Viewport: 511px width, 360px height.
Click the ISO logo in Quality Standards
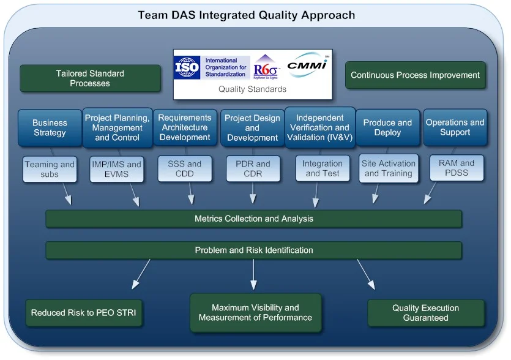tap(187, 67)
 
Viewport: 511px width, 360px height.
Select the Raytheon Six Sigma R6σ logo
tap(266, 67)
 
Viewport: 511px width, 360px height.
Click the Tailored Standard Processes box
tap(89, 78)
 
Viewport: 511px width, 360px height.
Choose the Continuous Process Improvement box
tap(416, 75)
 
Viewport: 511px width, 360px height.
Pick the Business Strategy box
tap(50, 128)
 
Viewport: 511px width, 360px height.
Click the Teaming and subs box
tap(50, 169)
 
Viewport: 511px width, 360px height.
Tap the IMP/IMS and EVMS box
tap(116, 169)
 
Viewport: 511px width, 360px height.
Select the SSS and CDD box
tap(185, 169)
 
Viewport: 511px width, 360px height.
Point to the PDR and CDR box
tap(253, 169)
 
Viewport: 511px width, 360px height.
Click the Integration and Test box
tap(323, 169)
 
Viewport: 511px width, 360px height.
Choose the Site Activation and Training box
tap(389, 169)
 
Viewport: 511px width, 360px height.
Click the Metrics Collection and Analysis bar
tap(253, 219)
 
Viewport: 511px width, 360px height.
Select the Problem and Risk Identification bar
tap(253, 250)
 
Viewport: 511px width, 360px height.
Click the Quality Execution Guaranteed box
tap(425, 313)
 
